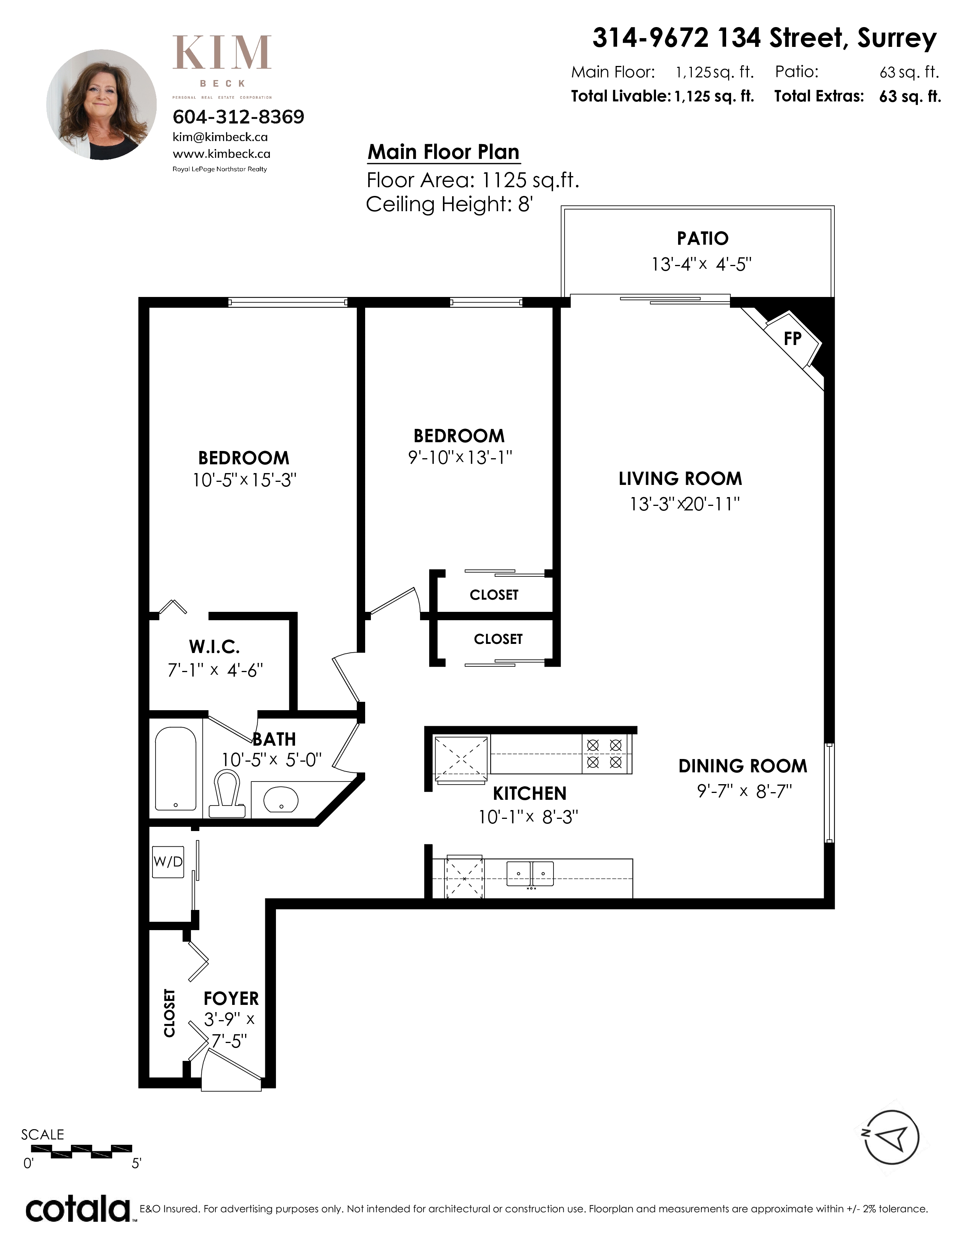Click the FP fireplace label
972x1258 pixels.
pos(792,338)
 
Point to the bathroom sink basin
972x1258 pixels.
pos(281,799)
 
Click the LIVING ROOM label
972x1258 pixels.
pos(680,479)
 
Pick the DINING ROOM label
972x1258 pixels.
pos(743,766)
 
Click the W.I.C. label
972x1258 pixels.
pos(214,647)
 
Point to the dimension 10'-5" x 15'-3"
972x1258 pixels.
pos(244,480)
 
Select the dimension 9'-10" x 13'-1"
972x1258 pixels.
pos(460,457)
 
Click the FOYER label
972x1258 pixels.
pos(231,998)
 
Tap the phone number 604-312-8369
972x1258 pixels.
pos(238,117)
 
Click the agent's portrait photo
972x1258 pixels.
pos(101,104)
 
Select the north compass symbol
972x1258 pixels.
pos(892,1137)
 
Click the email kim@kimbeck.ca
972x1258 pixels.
pos(220,137)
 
